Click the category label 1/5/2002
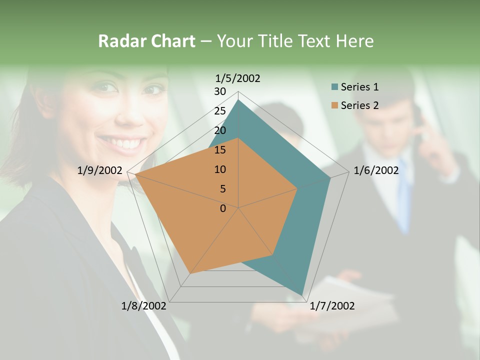[x=237, y=78]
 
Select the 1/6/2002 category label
[x=376, y=170]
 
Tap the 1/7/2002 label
[x=332, y=306]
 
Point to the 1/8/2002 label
[x=144, y=306]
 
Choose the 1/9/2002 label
[x=100, y=170]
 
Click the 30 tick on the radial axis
[x=220, y=91]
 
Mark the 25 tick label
[x=220, y=111]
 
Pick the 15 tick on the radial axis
[x=220, y=150]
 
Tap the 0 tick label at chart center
[x=223, y=208]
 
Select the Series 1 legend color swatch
[x=334, y=87]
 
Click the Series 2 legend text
[x=359, y=105]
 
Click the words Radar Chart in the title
[x=146, y=41]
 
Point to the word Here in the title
[x=354, y=41]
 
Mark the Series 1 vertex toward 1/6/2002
[x=330, y=177]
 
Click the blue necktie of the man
[x=404, y=200]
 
